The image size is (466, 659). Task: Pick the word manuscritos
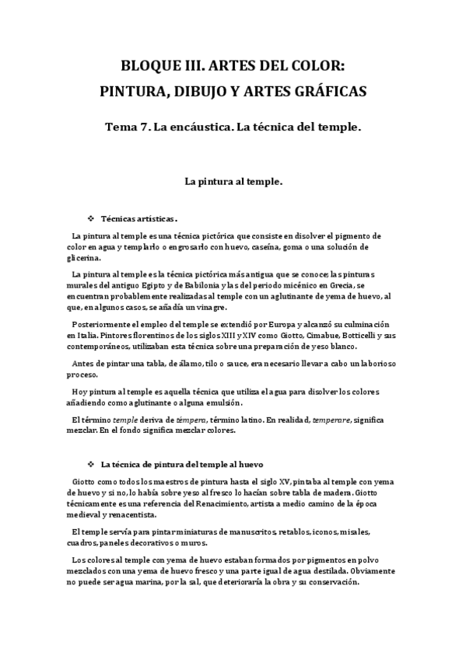click(x=234, y=531)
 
